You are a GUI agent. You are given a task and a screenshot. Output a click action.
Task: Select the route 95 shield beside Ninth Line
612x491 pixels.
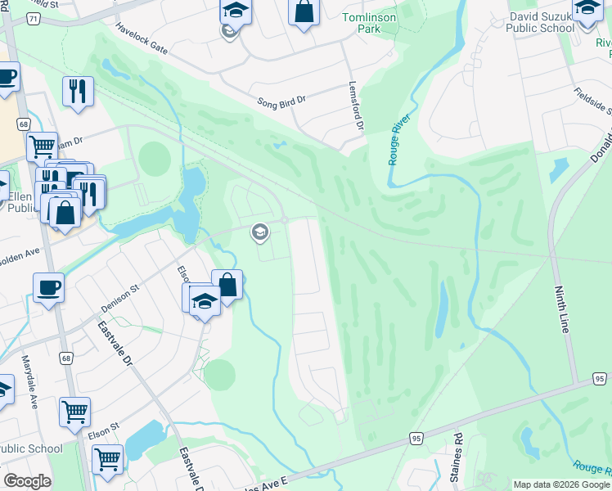(599, 378)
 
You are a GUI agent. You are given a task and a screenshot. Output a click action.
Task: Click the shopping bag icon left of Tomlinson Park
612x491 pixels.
(303, 12)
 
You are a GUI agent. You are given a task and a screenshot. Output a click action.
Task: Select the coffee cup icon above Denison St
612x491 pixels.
(48, 288)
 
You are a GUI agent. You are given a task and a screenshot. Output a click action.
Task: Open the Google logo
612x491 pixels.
(27, 481)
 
